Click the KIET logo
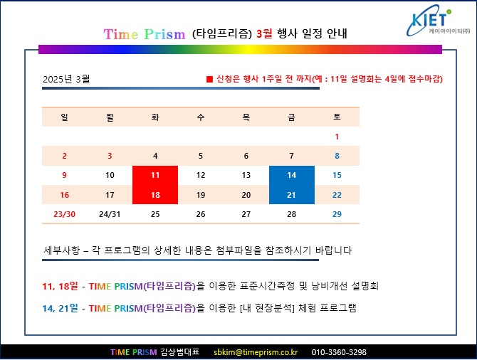pos(438,21)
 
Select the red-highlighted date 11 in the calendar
pos(155,175)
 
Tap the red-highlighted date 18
pos(155,195)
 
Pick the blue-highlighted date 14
pos(292,175)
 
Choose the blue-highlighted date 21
pos(292,195)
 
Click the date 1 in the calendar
pos(337,137)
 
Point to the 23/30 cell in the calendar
pos(65,214)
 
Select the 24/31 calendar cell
pos(110,214)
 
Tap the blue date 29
pos(337,214)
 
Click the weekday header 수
pos(201,117)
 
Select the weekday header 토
pos(337,117)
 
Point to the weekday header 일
pos(65,117)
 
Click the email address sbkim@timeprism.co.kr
pos(256,352)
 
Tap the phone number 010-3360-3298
pos(339,352)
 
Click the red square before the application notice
pos(209,79)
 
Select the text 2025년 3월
pos(66,79)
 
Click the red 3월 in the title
pos(264,33)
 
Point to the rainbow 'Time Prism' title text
pos(145,34)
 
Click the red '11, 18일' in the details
pos(61,286)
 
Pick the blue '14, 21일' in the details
pos(61,308)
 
